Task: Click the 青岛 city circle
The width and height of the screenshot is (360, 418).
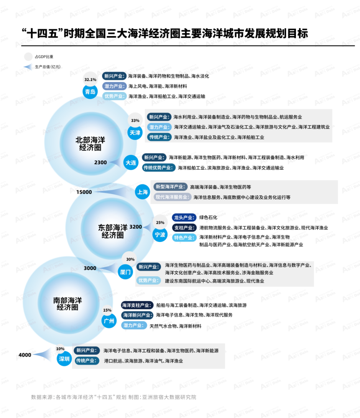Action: point(90,92)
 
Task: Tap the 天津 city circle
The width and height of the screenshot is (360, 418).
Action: point(135,133)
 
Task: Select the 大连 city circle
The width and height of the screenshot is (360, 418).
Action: point(131,163)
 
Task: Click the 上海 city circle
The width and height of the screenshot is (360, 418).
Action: point(143,192)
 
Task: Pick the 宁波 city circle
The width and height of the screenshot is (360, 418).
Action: point(160,234)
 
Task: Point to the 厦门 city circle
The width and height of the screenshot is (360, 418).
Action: point(125,272)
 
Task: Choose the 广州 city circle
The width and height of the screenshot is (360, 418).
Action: point(109,321)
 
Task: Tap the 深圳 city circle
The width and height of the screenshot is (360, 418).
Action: point(64,359)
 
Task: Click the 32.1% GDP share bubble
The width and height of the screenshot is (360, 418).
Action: point(90,79)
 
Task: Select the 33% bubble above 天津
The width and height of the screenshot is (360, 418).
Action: point(135,120)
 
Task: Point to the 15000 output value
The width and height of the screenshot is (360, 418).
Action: point(84,192)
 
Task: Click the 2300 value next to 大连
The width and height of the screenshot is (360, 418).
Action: point(100,162)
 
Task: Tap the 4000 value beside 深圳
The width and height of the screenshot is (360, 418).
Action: point(25,355)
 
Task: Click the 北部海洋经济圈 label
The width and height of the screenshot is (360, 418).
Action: point(90,144)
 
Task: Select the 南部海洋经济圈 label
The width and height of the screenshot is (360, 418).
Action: point(67,304)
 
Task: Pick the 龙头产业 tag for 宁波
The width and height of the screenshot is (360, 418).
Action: point(184,217)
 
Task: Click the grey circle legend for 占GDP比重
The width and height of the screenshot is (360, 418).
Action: point(28,56)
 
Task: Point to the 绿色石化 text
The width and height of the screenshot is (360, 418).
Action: point(208,217)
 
